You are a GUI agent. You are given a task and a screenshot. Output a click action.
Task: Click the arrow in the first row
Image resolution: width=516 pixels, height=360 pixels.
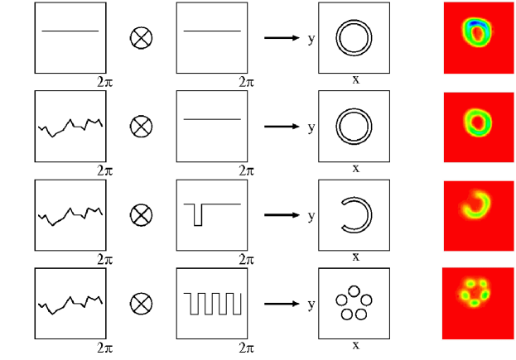[x=281, y=37]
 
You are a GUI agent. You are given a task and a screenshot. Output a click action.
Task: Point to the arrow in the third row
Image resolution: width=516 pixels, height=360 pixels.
[x=281, y=214]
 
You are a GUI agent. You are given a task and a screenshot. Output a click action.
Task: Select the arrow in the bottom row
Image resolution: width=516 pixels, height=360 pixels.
[x=281, y=303]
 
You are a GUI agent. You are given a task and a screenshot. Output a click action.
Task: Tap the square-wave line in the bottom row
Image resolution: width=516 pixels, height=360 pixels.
[x=213, y=303]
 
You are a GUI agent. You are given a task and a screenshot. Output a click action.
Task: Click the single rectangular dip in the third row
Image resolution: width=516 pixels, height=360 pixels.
[x=197, y=214]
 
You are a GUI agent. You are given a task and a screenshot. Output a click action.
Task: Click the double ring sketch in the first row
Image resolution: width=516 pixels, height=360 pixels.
[x=354, y=37]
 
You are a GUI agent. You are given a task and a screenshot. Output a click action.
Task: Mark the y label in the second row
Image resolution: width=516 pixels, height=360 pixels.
[x=311, y=127]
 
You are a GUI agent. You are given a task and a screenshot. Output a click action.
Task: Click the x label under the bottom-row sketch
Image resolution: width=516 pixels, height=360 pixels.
[x=355, y=344]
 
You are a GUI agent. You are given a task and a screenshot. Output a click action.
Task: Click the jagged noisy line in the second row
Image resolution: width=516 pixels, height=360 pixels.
[x=70, y=126]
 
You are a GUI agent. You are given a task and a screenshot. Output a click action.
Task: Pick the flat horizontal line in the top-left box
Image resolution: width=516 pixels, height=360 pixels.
[x=70, y=31]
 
